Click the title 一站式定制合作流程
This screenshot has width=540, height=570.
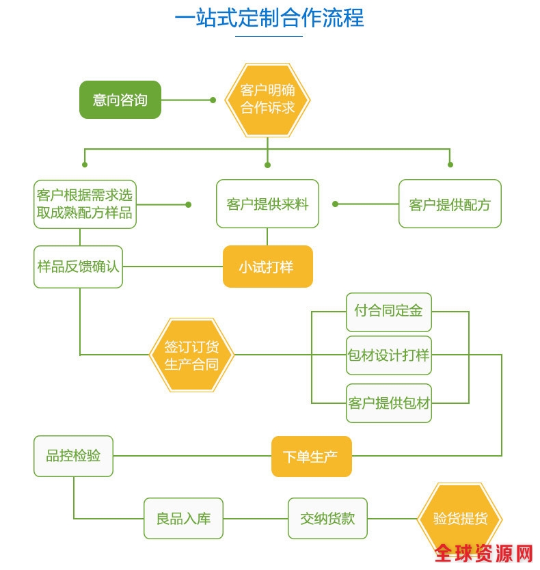click(269, 18)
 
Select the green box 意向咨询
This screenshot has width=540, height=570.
click(120, 100)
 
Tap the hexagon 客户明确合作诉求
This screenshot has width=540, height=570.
click(268, 100)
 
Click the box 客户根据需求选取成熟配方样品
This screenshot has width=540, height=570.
click(85, 204)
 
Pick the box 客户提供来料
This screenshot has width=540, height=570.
click(267, 204)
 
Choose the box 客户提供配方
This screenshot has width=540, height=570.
click(450, 204)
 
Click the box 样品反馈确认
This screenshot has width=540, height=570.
click(79, 267)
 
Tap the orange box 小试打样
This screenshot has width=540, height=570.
click(267, 267)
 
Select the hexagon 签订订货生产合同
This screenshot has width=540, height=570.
click(191, 355)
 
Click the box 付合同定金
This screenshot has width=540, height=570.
click(388, 311)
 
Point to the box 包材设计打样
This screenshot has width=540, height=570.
click(388, 355)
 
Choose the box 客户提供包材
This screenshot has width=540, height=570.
click(388, 403)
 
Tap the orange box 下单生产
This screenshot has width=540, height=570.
click(311, 457)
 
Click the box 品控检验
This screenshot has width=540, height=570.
click(73, 456)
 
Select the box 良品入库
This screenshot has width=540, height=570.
click(183, 518)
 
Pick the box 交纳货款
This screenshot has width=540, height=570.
click(327, 518)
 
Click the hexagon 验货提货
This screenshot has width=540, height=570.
click(460, 518)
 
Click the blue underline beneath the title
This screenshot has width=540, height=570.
click(269, 36)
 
